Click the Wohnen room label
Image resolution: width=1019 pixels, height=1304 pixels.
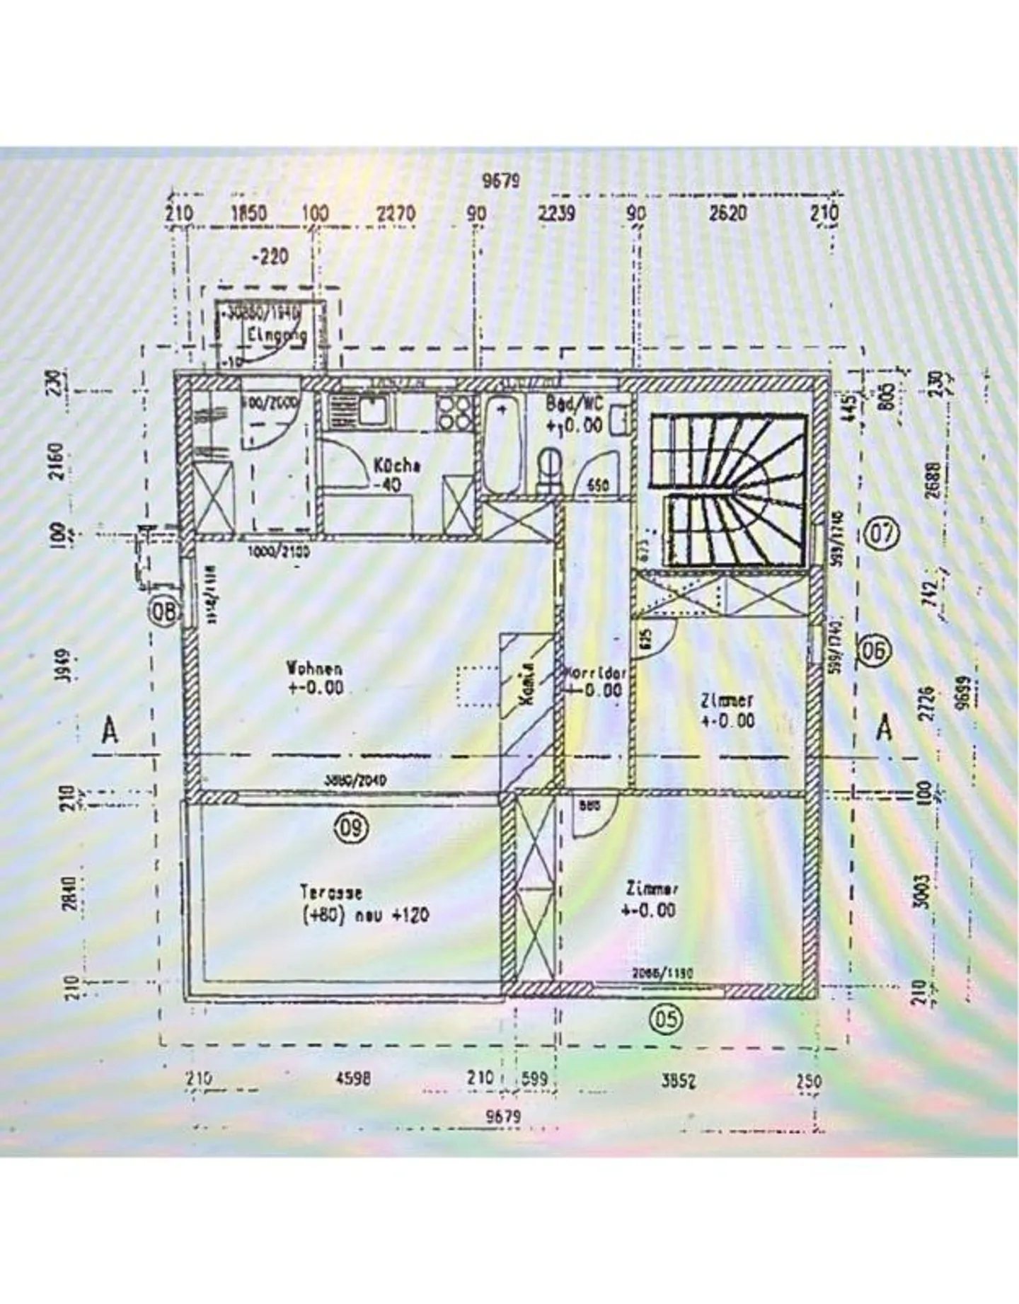pyautogui.click(x=315, y=668)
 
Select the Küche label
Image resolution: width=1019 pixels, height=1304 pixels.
pyautogui.click(x=397, y=466)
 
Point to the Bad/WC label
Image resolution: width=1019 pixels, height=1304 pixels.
pyautogui.click(x=574, y=404)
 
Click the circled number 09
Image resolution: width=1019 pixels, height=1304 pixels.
pyautogui.click(x=352, y=826)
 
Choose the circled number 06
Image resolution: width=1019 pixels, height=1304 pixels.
pyautogui.click(x=875, y=650)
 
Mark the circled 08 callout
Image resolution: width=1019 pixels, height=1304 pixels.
pyautogui.click(x=164, y=612)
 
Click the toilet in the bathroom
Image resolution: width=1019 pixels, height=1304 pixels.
pyautogui.click(x=549, y=468)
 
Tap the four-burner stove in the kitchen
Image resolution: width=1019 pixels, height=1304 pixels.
pyautogui.click(x=455, y=412)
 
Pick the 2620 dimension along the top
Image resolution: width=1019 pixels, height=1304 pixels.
pyautogui.click(x=727, y=213)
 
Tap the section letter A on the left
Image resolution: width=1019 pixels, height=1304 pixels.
pyautogui.click(x=109, y=730)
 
